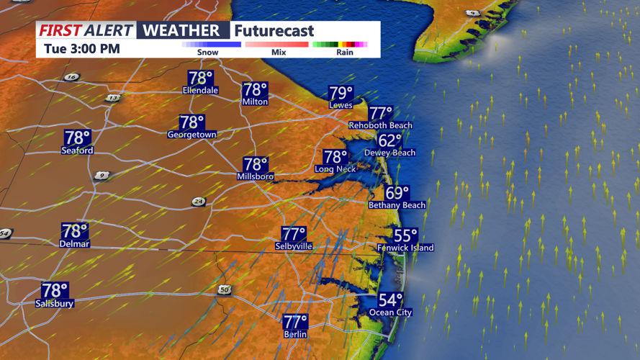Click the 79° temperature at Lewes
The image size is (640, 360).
coord(341,94)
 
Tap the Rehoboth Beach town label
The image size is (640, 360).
coord(380,125)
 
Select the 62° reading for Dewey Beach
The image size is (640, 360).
coord(390,141)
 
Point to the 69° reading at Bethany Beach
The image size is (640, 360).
coord(397,194)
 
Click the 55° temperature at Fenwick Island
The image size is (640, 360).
coord(405,236)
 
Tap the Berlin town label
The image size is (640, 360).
coord(295,334)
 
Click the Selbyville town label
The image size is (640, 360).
coord(294,246)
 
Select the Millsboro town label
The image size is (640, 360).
coord(256,176)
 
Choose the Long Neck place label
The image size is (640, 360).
coord(335,169)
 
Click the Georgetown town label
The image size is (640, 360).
coord(192,135)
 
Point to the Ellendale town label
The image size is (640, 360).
coord(201,91)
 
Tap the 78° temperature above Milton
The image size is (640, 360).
coord(256,90)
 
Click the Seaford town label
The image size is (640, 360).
coord(77,150)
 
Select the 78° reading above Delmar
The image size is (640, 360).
coord(75,231)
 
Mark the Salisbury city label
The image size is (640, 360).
coord(55,304)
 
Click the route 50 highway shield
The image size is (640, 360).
coord(225,289)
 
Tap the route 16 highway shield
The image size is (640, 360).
coord(71,77)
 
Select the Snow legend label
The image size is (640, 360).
coord(208,53)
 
